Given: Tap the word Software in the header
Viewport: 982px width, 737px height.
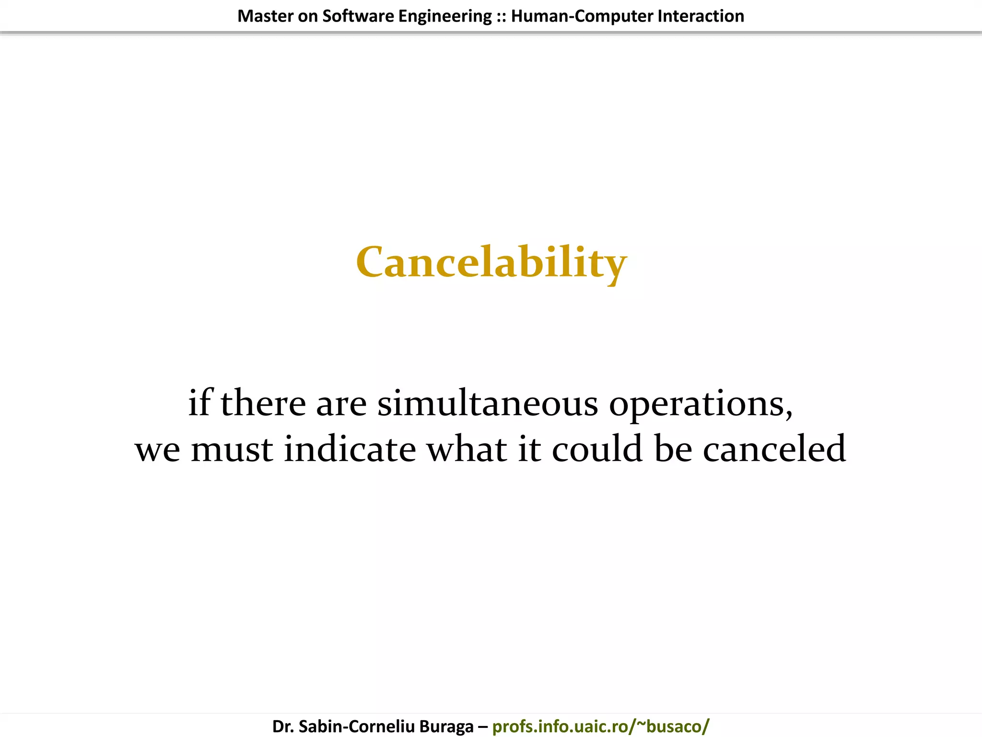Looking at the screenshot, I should click(x=358, y=16).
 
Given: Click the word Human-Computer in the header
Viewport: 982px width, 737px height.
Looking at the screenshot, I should click(x=582, y=16).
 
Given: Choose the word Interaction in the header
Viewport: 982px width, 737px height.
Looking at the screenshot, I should click(x=701, y=16).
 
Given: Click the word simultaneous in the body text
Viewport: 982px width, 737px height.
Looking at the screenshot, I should click(x=488, y=403).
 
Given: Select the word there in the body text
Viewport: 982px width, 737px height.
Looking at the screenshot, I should click(x=263, y=403).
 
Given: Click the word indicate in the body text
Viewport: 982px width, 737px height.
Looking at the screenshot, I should click(x=350, y=449).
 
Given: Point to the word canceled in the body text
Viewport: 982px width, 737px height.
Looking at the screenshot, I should click(x=774, y=449).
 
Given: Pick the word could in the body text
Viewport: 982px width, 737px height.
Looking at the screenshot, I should click(x=597, y=449).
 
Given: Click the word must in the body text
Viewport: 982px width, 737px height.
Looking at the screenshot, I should click(x=232, y=450).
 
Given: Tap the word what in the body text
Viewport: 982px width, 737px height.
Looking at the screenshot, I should click(x=467, y=449).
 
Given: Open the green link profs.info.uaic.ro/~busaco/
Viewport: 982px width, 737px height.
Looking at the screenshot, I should click(x=600, y=726).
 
